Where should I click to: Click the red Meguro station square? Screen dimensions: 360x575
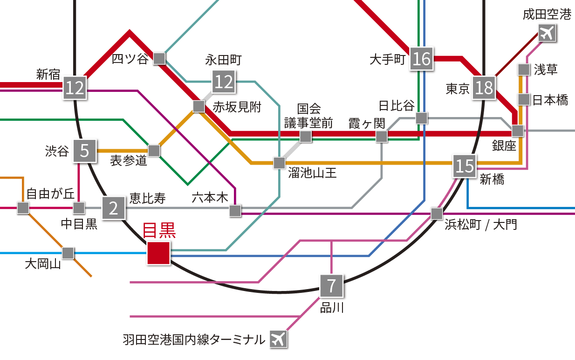[158, 253]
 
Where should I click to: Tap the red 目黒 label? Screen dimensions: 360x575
[158, 230]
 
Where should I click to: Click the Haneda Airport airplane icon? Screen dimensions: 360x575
[278, 339]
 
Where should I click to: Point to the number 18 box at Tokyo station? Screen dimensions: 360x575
[484, 88]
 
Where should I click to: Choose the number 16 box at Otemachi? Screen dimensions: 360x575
[422, 59]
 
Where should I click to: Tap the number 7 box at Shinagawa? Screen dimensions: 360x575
[331, 285]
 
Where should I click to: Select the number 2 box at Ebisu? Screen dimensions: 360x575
[114, 208]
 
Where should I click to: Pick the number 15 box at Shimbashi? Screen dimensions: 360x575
[465, 166]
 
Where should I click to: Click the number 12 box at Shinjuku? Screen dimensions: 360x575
[75, 87]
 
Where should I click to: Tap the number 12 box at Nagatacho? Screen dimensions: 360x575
[224, 82]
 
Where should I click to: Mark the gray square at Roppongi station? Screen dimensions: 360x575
[235, 211]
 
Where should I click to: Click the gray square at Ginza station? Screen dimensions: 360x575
[518, 131]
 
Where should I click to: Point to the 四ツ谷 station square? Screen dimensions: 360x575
[159, 58]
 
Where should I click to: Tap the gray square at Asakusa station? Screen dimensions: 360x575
[524, 70]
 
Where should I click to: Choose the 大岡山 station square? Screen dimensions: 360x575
[68, 253]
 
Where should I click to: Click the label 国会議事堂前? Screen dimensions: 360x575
[309, 116]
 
